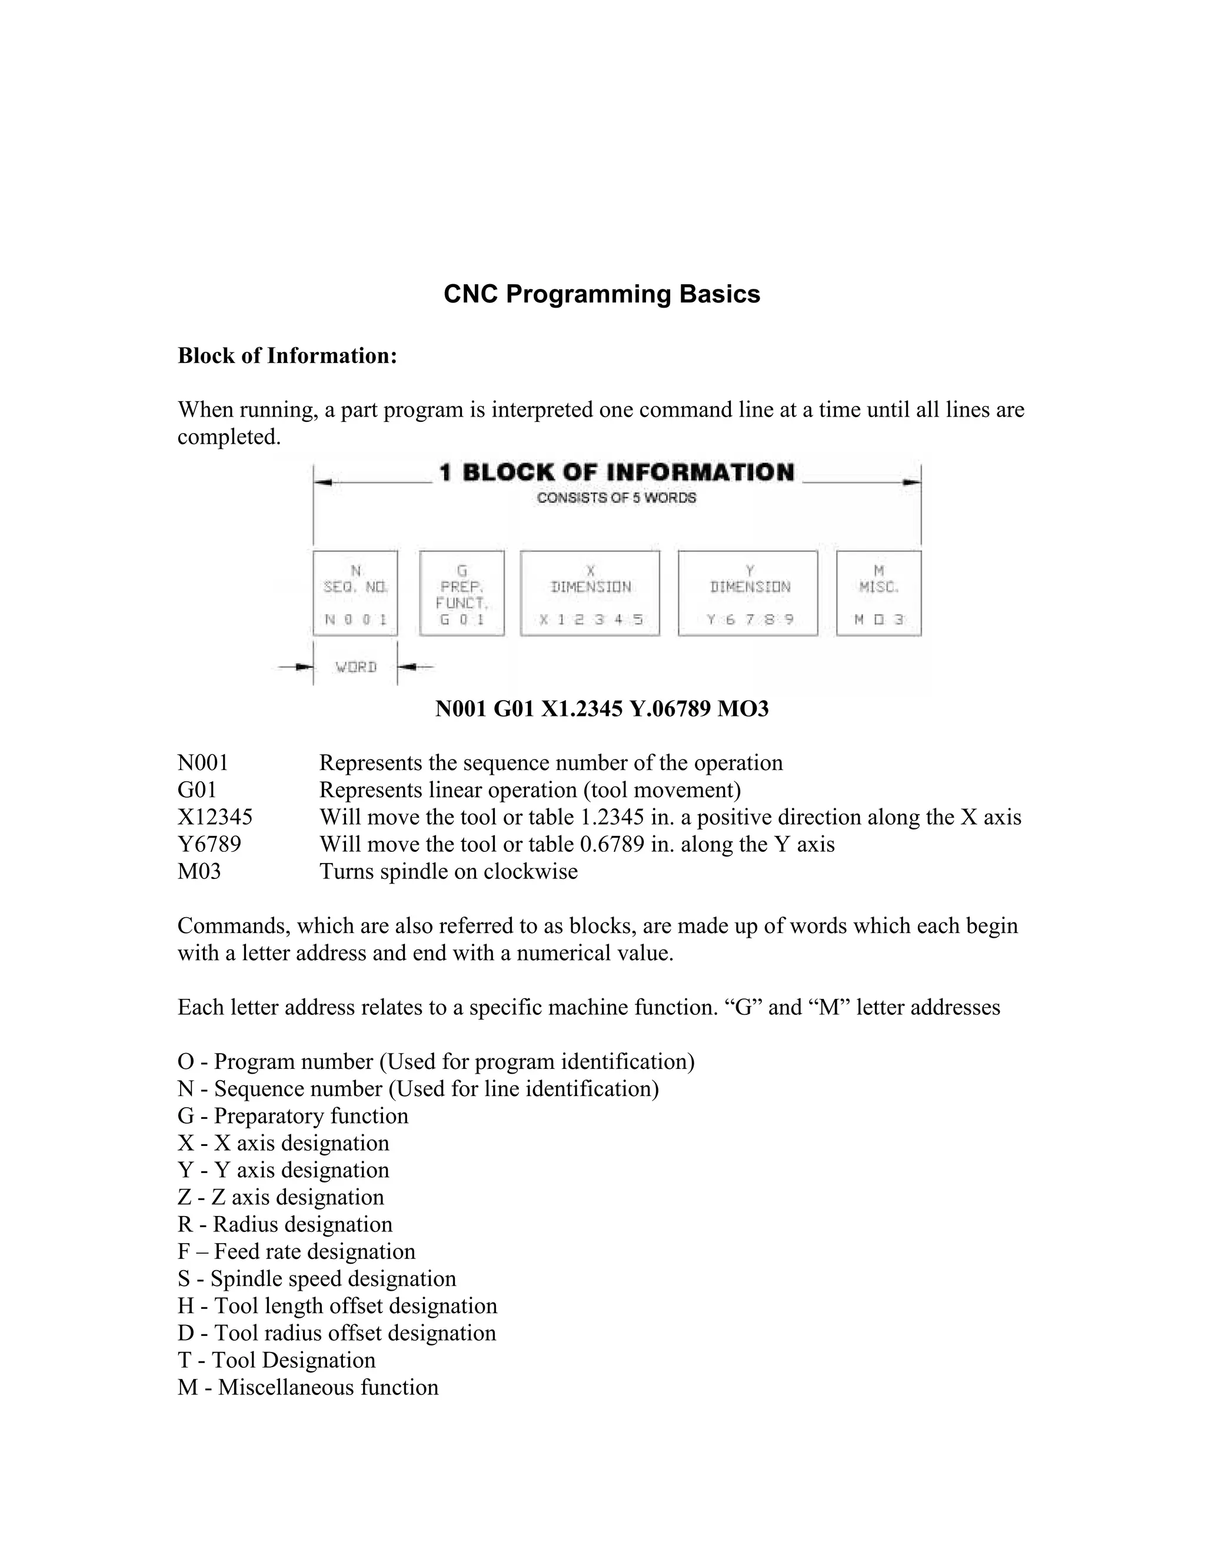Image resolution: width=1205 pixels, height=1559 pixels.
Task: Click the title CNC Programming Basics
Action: pos(602,294)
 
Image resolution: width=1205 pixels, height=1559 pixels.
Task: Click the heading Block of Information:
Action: pos(287,355)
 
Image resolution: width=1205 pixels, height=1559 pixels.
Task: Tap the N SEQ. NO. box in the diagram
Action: pos(355,593)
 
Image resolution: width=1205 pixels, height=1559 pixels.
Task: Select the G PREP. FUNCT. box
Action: pos(462,593)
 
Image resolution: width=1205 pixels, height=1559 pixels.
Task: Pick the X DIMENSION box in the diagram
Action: pos(590,593)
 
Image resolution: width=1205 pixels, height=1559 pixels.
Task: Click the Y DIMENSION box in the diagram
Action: pos(747,593)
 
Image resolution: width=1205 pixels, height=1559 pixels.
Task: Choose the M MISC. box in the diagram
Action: pos(879,593)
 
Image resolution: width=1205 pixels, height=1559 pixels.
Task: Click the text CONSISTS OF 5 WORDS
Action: pos(616,498)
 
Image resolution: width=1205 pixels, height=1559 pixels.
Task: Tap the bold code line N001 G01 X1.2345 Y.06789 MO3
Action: pos(602,709)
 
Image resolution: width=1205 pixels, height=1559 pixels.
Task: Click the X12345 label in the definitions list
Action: pos(215,817)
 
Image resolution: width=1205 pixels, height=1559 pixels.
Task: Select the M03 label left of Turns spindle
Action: pos(199,872)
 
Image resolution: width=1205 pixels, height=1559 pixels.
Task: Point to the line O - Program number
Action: pos(435,1061)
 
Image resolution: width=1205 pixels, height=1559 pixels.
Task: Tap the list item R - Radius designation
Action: pos(285,1224)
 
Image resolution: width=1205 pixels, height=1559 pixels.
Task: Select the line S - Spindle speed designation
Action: pos(316,1278)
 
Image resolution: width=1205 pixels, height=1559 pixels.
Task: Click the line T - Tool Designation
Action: pos(277,1360)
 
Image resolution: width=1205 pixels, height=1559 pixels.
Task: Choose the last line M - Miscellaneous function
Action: pos(308,1387)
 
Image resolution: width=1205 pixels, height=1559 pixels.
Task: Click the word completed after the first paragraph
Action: pos(228,437)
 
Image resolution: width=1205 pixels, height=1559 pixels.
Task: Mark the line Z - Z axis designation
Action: pos(281,1197)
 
